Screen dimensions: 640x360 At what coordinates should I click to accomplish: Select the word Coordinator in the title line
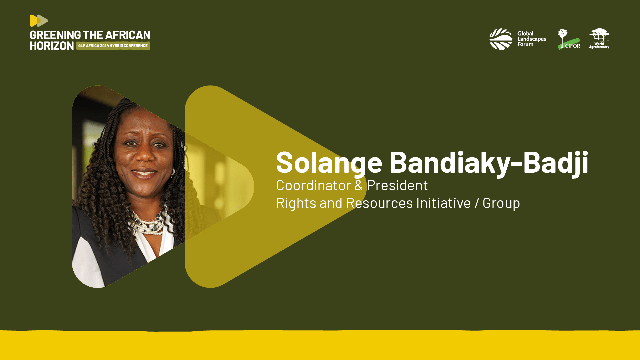[x=313, y=185]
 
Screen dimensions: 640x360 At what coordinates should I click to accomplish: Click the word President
[x=397, y=185]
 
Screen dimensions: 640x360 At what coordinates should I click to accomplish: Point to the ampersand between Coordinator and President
[x=359, y=186]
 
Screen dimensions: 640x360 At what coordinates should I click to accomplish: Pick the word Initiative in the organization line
[x=443, y=203]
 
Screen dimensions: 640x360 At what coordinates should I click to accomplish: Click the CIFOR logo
[x=569, y=39]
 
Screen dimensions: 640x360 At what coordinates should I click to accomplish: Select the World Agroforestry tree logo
[x=599, y=38]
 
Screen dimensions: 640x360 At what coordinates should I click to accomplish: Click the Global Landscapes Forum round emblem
[x=501, y=39]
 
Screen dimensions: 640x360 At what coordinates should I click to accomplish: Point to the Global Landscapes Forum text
[x=531, y=39]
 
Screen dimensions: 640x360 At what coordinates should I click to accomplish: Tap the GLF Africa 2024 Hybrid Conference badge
[x=113, y=46]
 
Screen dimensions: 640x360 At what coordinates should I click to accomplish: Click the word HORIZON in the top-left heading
[x=52, y=46]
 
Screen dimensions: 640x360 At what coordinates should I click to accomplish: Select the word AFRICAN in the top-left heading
[x=128, y=35]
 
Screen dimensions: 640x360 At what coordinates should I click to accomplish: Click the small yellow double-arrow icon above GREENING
[x=39, y=21]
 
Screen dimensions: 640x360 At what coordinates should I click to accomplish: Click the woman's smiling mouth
[x=144, y=173]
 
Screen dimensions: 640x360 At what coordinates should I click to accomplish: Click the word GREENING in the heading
[x=55, y=35]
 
